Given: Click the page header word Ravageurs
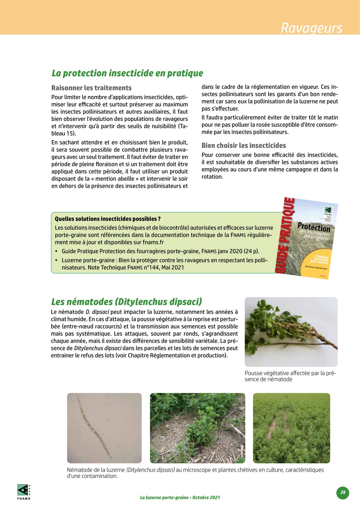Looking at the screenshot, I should point(311,28).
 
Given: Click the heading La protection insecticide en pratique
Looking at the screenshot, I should point(127,73).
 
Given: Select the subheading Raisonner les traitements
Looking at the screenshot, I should point(91,88).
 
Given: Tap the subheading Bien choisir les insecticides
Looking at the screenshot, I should point(244,145).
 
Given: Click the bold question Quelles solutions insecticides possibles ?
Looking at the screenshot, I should point(108,219).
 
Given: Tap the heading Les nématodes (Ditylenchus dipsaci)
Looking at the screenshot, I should point(126,302).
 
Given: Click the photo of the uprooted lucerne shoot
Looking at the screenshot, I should point(291,332).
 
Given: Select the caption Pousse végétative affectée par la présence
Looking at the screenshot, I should point(290,376).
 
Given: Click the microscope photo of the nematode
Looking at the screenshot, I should point(104,428).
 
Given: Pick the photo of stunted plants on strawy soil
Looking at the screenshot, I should point(197,428).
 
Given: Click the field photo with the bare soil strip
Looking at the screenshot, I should point(291,428).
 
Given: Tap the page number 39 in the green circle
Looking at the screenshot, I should point(343,492).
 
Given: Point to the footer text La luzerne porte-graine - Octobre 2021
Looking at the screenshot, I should point(180,497).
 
